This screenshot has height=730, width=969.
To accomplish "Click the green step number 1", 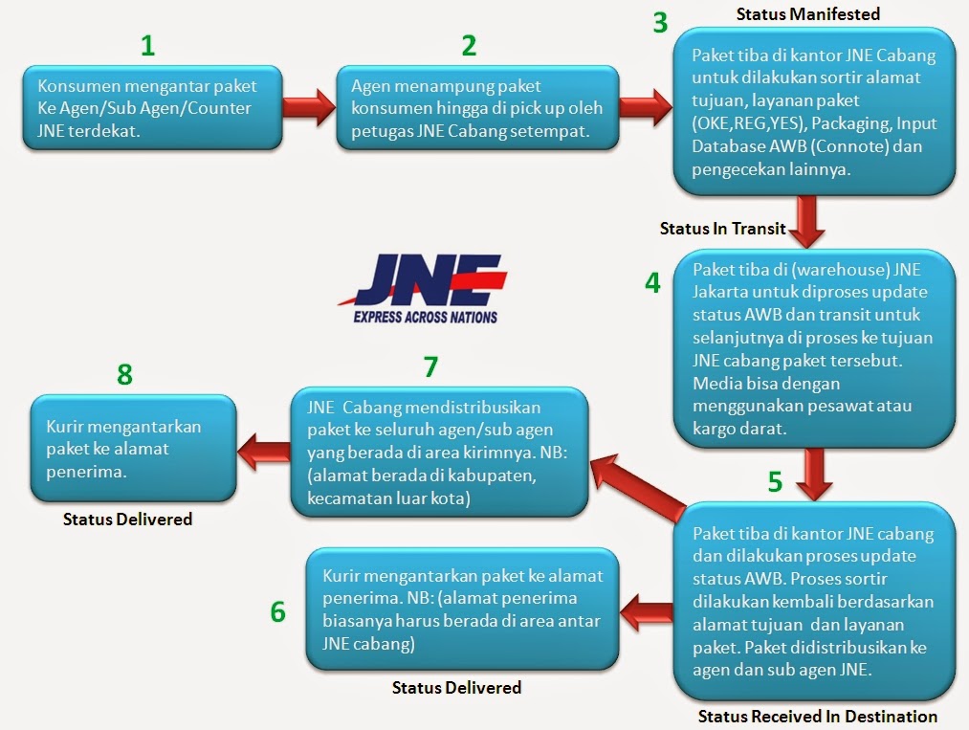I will point(146,45).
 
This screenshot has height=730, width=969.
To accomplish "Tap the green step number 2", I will point(469,45).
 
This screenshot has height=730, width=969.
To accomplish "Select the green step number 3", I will point(661,23).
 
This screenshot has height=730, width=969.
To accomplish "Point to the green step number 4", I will point(652,283).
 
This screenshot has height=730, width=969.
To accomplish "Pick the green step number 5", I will point(776,481).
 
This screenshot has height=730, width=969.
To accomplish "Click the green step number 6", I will point(277,611).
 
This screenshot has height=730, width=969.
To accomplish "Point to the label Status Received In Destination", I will point(817,716).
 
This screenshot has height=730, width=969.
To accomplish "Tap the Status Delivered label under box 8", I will point(128,520).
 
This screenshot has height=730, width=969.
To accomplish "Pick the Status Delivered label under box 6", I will point(457,687).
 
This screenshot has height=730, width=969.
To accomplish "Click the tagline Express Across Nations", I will point(426,316).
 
